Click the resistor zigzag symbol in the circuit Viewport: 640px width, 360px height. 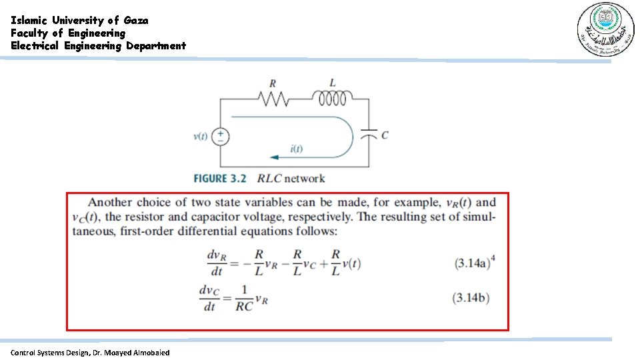[x=273, y=99]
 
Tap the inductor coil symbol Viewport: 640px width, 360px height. [x=333, y=99]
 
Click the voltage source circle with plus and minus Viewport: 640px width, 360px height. [x=221, y=137]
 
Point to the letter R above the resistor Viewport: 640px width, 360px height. [x=273, y=84]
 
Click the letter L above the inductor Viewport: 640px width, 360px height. [x=333, y=83]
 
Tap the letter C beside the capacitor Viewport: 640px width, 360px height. [x=385, y=135]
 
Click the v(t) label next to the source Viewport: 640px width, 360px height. [x=201, y=137]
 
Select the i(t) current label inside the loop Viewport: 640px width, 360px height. [x=296, y=149]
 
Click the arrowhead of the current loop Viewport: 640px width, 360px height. [x=273, y=157]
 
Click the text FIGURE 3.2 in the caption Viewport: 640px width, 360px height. [x=220, y=178]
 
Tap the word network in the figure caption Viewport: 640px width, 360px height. [x=305, y=178]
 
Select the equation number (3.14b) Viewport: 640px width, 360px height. [x=471, y=298]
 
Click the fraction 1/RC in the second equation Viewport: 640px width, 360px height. [x=244, y=298]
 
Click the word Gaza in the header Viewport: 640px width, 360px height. [x=136, y=20]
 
